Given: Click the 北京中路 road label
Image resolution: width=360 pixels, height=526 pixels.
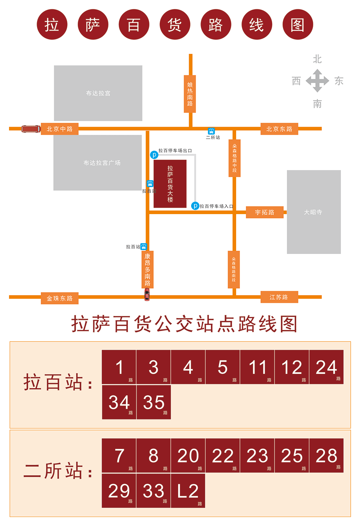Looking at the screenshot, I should coord(60,129).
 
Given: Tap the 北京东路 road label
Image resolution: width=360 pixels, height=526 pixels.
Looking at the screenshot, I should coord(279,129).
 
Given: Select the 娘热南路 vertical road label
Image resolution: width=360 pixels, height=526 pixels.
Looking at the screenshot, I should coord(190,94).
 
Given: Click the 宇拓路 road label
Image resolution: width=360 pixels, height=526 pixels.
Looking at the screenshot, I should coord(265,212).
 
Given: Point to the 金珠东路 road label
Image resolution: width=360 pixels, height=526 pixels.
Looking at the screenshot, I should coord(60,298).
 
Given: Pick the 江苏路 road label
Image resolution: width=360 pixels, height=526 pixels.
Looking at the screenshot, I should coord(279,297).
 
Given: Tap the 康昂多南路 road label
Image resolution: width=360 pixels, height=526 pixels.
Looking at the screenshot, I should coord(148,269).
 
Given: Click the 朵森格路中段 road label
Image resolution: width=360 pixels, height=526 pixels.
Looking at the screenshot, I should coord(235,158).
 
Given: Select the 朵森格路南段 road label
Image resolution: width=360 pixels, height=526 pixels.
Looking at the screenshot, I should coord(234,269).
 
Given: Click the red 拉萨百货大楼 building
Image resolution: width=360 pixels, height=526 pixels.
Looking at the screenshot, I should coord(170,184).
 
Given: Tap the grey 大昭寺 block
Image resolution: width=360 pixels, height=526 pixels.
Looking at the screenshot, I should coord(314,212).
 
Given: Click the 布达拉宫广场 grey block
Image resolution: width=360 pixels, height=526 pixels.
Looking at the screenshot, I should coord(98,163).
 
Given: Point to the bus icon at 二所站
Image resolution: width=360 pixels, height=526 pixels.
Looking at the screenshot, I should coord(211,131).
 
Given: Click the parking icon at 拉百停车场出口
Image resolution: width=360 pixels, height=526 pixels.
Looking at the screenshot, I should coord(154,155).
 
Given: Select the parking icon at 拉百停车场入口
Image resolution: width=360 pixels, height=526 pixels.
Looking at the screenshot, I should coord(195,206).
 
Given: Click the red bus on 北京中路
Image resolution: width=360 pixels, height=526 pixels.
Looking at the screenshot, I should coord(31,129).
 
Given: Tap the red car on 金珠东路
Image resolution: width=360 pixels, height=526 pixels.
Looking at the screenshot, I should coord(147,294).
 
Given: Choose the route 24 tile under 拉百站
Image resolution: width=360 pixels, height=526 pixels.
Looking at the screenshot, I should coord(327,367).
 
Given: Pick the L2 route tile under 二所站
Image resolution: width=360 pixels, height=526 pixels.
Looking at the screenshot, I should coord(188,491).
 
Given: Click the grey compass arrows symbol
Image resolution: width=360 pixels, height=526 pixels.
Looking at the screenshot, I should coord(317,81).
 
